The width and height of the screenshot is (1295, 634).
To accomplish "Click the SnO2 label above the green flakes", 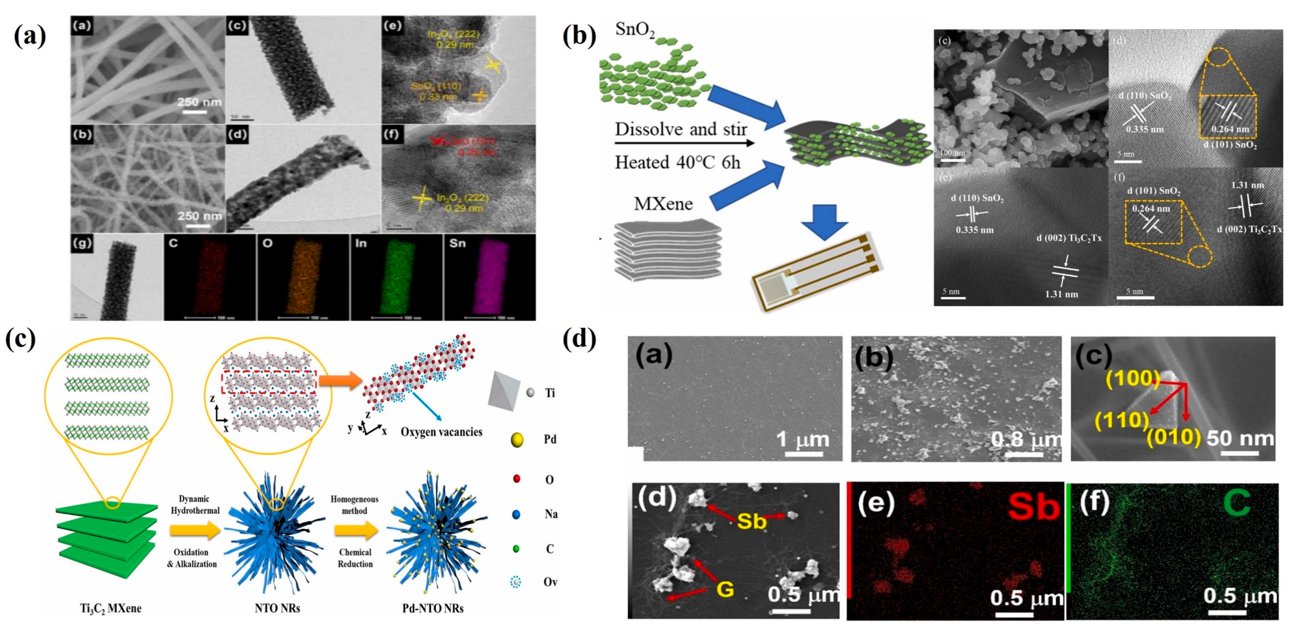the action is tap(635, 30).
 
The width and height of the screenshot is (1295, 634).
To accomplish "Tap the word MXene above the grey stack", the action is tap(663, 204).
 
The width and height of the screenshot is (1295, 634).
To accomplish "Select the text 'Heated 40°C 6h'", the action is tap(677, 163).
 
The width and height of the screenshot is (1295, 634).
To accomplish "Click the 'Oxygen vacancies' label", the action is tap(441, 432).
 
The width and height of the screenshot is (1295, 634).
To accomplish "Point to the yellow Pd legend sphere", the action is tap(516, 440).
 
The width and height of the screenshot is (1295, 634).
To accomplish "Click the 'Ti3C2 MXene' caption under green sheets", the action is tap(110, 608).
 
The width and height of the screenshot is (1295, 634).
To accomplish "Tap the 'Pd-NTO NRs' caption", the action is tap(433, 608).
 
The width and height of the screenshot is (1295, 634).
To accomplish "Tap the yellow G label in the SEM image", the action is tap(725, 588).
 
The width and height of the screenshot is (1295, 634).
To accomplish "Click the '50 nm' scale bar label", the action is tap(1240, 438).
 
